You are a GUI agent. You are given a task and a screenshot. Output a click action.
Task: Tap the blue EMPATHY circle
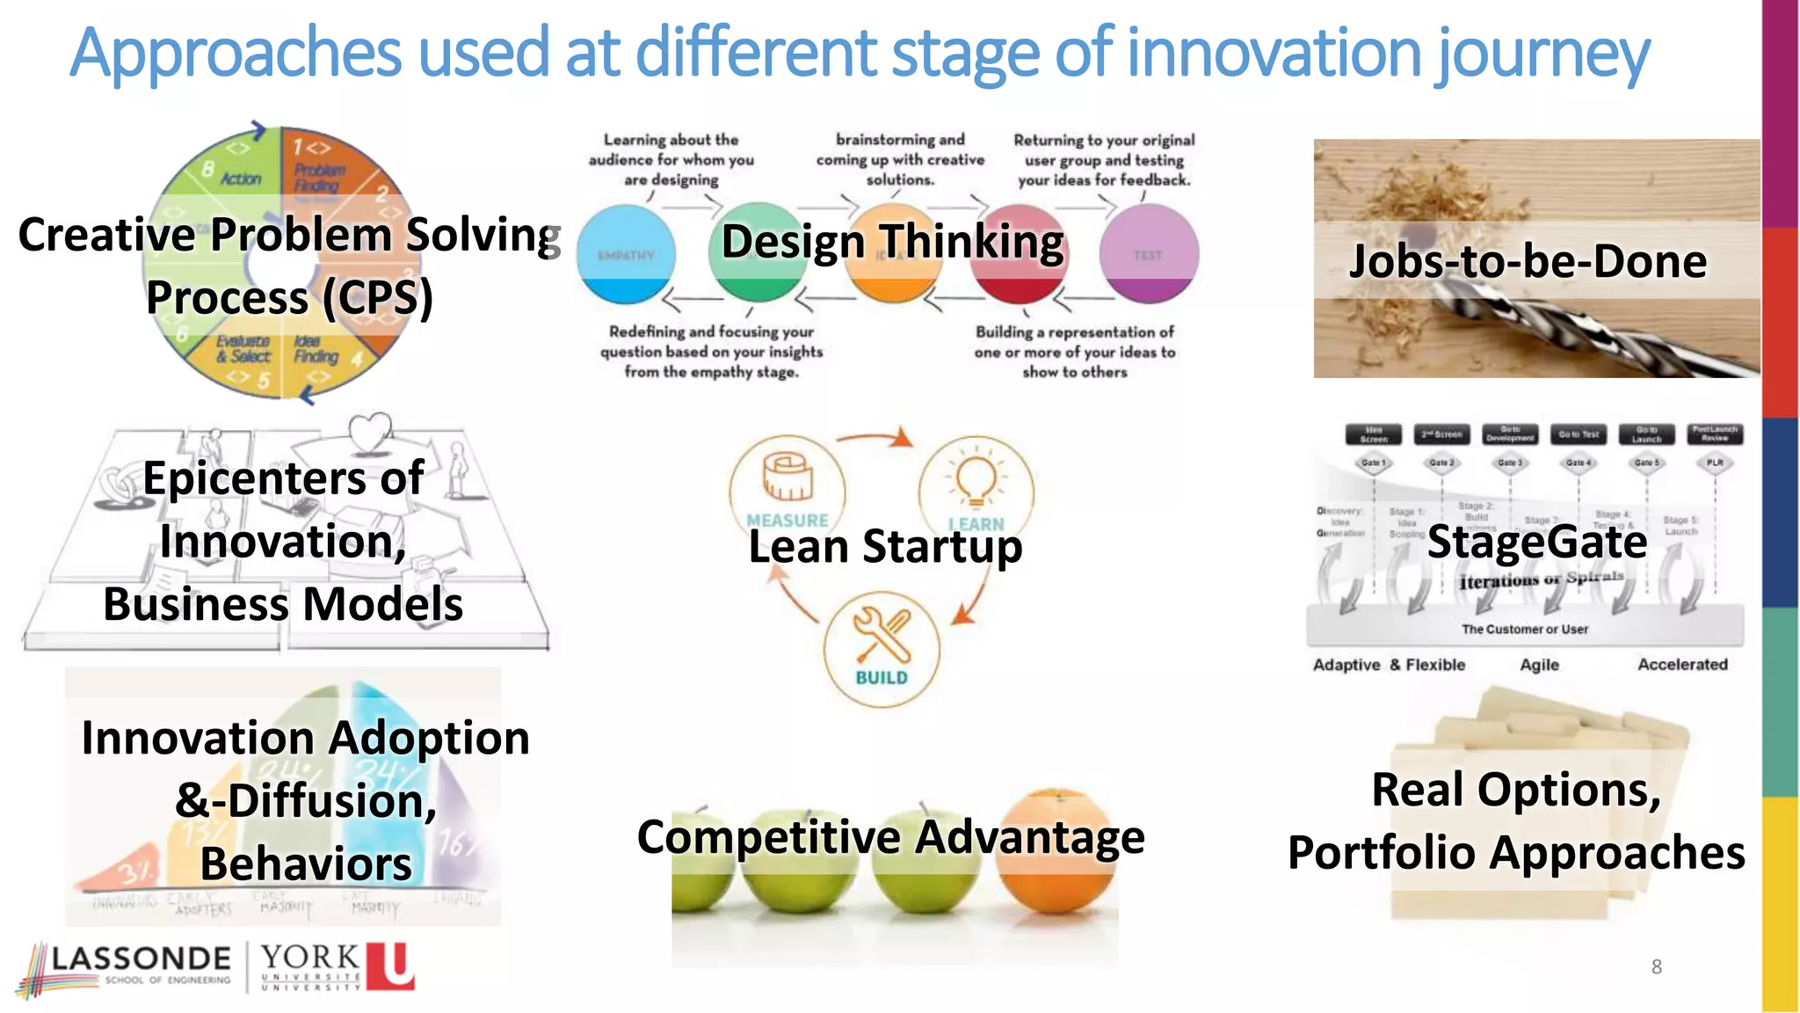[626, 255]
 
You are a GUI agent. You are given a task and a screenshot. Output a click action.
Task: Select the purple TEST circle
[1149, 254]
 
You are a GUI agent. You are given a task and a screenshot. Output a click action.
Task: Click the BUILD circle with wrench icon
[882, 649]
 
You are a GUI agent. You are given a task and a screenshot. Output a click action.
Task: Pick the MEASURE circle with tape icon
[787, 488]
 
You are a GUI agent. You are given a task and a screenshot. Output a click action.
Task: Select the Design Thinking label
[892, 241]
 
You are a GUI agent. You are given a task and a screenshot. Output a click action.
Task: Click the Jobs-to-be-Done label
[1528, 261]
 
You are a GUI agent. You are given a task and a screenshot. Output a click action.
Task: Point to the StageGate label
[1536, 542]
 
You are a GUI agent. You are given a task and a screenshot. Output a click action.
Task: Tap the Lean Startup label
[885, 546]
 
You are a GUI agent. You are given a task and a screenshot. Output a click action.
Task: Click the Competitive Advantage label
[890, 836]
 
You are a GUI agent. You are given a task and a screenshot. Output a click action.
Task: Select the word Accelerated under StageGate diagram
[1681, 665]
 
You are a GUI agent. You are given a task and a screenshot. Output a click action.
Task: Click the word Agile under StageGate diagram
[1539, 665]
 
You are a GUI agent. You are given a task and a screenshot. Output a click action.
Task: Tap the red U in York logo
[389, 966]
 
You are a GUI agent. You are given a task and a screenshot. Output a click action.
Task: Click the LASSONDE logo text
[141, 958]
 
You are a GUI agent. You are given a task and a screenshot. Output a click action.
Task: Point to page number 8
[1656, 967]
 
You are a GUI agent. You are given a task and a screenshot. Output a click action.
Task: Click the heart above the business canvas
[369, 430]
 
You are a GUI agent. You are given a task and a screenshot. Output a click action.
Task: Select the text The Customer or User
[1525, 630]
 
